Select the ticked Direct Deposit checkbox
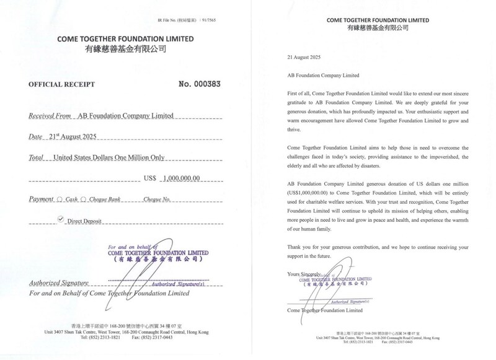click(61, 219)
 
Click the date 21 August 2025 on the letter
click(301, 58)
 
